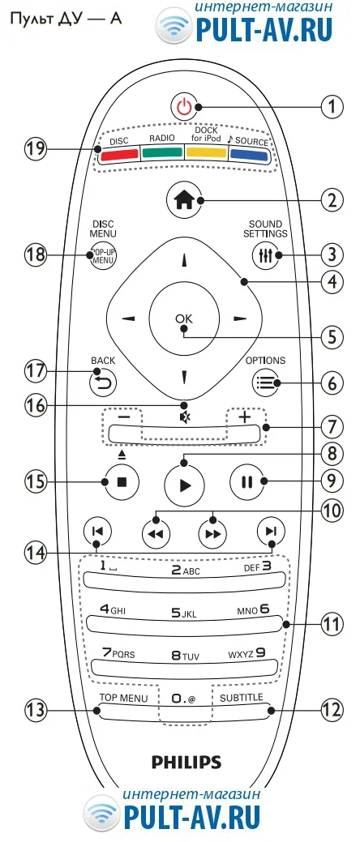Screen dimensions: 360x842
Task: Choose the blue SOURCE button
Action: pyautogui.click(x=249, y=155)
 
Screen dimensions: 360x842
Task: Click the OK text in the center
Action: pyautogui.click(x=184, y=318)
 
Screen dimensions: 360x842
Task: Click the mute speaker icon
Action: pyautogui.click(x=184, y=417)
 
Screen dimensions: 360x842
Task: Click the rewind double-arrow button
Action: pyautogui.click(x=155, y=533)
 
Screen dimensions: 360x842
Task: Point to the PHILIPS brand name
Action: pyautogui.click(x=186, y=762)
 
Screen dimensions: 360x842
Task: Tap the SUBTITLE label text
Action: pyautogui.click(x=242, y=698)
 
